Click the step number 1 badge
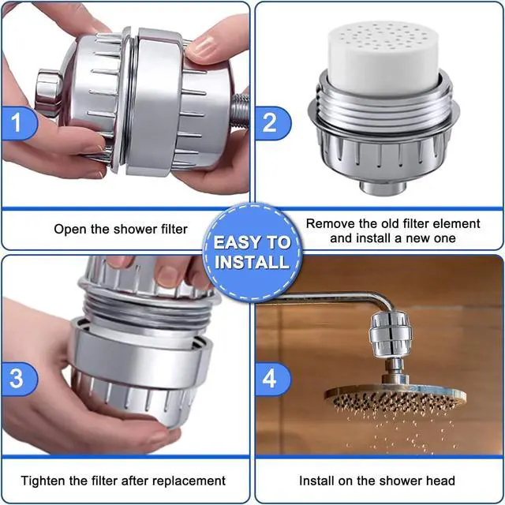click(17, 123)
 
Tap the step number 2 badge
click(271, 123)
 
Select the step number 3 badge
click(17, 378)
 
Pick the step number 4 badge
click(271, 378)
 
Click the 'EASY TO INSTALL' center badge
click(252, 252)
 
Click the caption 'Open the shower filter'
click(121, 229)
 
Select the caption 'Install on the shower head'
click(376, 480)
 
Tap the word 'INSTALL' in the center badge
click(252, 262)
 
